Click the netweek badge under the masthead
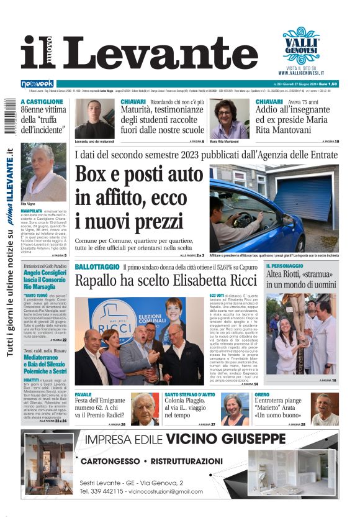coord(38,84)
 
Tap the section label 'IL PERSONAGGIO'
coord(285,266)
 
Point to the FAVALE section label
coord(83,395)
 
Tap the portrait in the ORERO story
coord(325,409)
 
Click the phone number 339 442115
coord(113,491)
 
